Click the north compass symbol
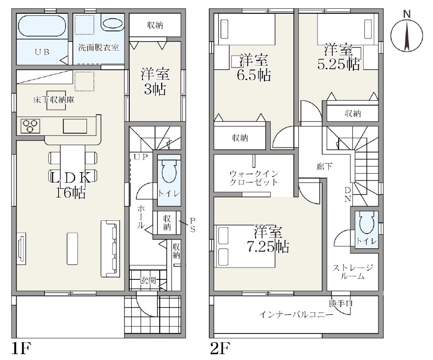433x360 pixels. coord(406,34)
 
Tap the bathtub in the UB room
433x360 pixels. coord(42,26)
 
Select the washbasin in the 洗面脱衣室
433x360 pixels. coord(113,24)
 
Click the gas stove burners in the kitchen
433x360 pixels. coord(30,126)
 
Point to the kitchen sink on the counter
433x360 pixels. coord(75,126)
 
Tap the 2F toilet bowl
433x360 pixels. coord(366,223)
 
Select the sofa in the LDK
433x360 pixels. coord(110,249)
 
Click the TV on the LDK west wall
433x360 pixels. coord(21,246)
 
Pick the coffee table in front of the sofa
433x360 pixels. coord(72,249)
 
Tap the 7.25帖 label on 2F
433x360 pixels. coord(267,247)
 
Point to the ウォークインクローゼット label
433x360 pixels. coord(254,178)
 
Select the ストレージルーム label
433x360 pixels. coord(352,272)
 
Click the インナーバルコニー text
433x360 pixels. coord(296,315)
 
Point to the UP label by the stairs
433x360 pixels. coord(141,157)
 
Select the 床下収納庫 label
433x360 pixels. coord(54,100)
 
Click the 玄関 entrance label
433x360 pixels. coord(148,280)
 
